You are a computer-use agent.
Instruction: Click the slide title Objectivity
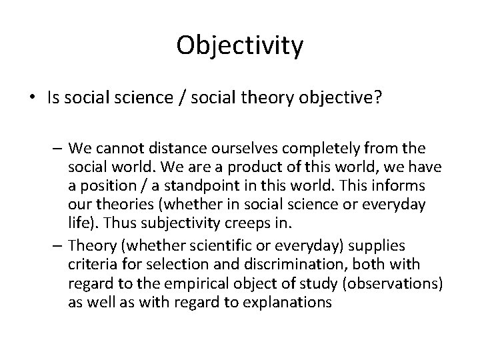(x=240, y=45)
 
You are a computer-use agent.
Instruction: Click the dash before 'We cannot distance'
(x=57, y=147)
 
